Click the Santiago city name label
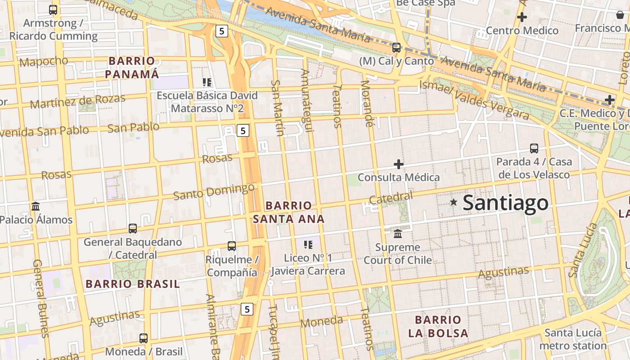(x=505, y=203)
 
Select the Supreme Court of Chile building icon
(x=398, y=234)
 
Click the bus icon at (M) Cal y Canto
(x=396, y=47)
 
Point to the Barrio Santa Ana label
(x=288, y=212)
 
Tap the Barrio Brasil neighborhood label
(x=133, y=284)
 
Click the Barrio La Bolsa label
(x=438, y=327)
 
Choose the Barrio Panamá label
(x=132, y=67)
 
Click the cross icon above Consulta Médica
(x=398, y=164)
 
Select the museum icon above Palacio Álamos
(x=36, y=207)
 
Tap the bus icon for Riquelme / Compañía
(x=232, y=246)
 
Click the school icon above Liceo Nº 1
(x=308, y=245)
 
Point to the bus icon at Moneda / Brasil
(x=144, y=338)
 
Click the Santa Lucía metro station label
(x=573, y=339)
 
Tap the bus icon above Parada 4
(x=534, y=148)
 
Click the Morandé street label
(x=368, y=104)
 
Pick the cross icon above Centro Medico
(x=522, y=18)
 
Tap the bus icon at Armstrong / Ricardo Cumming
(x=53, y=9)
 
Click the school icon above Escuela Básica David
(x=207, y=82)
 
